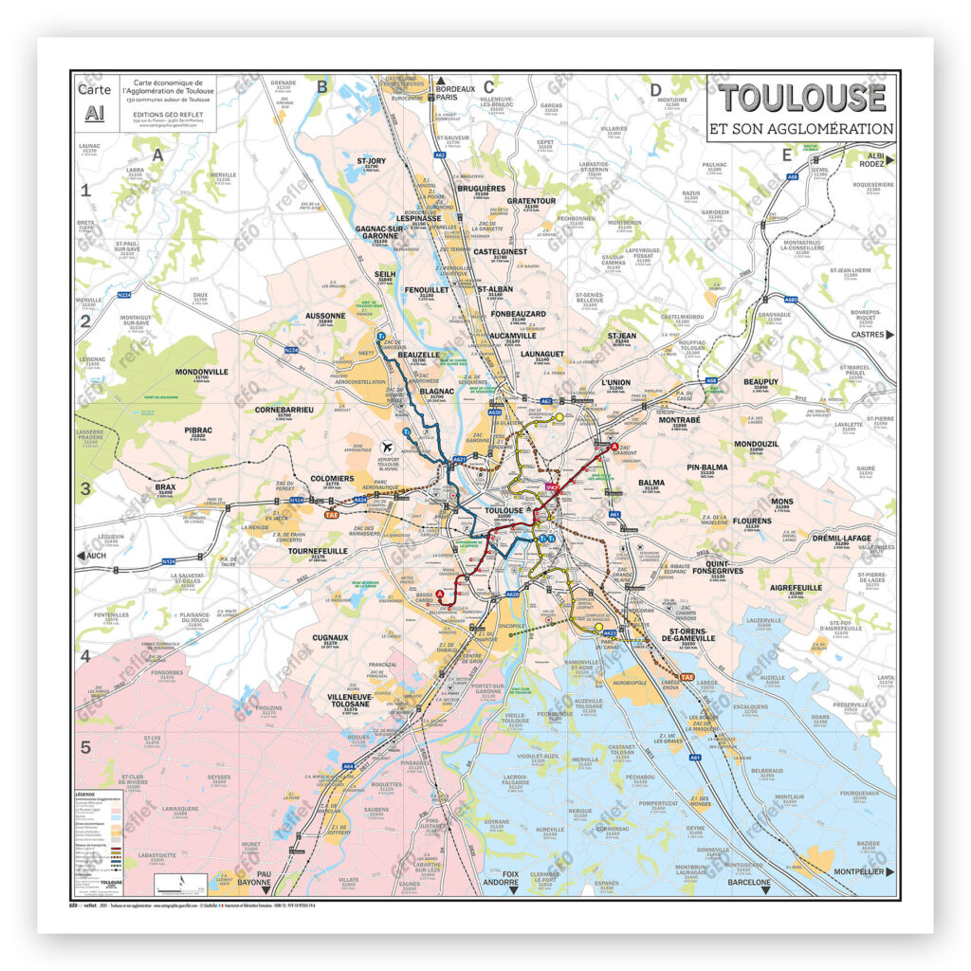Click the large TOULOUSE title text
tap(801, 98)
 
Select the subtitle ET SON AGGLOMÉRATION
tap(801, 128)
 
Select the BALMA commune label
tap(651, 483)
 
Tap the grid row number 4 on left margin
tap(85, 655)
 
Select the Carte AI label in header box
tap(95, 101)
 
